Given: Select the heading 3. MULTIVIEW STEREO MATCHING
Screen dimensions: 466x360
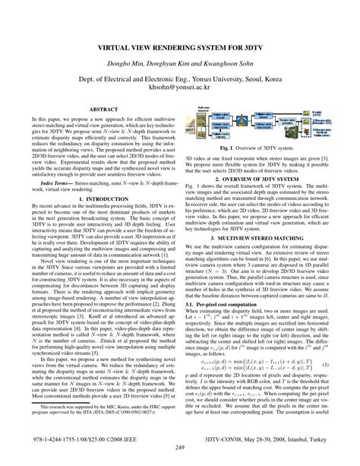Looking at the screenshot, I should click(269, 281).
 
